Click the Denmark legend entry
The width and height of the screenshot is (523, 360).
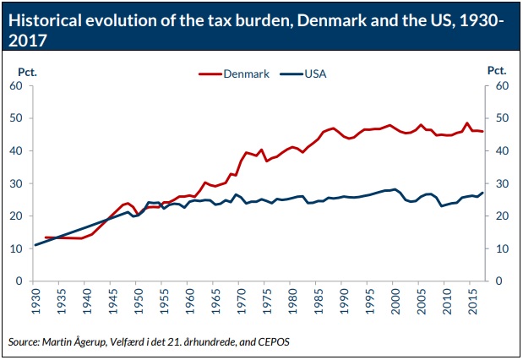click(246, 74)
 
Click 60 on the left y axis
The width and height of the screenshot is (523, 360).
click(16, 85)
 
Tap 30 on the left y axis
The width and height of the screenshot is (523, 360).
click(16, 183)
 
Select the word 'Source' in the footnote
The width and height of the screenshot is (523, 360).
click(24, 342)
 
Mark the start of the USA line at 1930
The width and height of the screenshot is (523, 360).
click(35, 245)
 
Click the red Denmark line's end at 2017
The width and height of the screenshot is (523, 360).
click(482, 131)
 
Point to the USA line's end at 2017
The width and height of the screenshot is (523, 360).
click(482, 193)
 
